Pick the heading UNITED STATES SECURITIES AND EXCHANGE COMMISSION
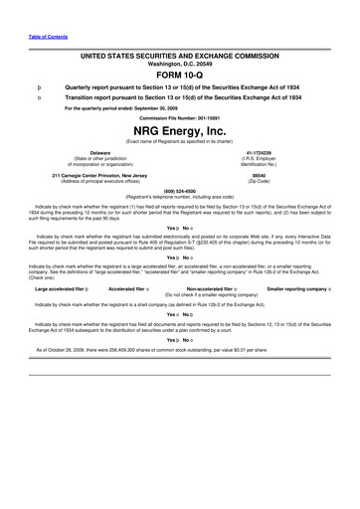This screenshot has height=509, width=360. (179, 49)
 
